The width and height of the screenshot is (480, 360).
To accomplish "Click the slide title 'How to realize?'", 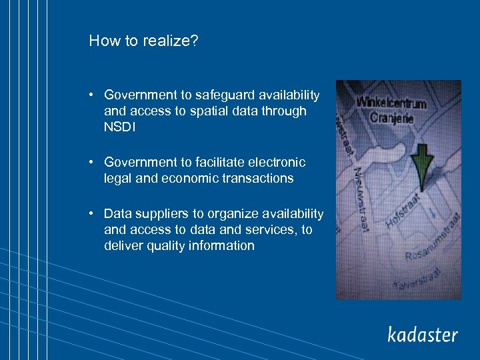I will [143, 41].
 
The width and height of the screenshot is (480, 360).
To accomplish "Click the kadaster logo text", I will [423, 334].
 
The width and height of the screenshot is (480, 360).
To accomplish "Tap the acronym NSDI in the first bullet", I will [119, 127].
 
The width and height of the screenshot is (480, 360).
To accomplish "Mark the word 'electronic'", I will [276, 162].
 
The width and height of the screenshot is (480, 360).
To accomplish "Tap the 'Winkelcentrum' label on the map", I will [392, 103].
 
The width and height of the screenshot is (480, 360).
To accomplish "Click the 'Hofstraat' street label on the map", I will [403, 211].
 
